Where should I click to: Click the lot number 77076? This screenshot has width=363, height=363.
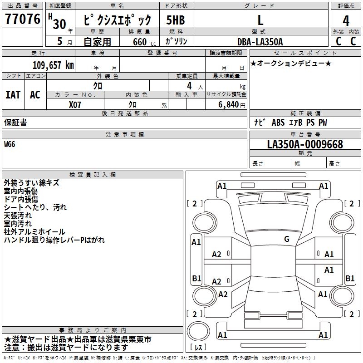tap(23, 19)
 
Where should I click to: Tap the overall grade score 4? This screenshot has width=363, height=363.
tap(346, 20)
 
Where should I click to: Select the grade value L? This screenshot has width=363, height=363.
tap(260, 20)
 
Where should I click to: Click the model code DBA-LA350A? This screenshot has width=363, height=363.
tap(260, 42)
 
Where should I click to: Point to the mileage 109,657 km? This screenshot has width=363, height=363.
tap(53, 65)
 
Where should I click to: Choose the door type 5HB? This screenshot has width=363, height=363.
tap(175, 20)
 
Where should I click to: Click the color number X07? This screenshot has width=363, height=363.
tap(75, 104)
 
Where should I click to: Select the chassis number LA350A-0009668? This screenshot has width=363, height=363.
tap(305, 144)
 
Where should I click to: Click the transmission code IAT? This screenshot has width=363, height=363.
tap(13, 95)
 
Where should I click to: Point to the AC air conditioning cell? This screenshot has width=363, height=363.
tap(35, 95)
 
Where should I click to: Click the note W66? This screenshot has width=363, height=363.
tap(10, 144)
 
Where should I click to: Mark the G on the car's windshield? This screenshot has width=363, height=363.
tap(286, 239)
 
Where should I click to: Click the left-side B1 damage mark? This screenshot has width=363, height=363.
tap(196, 278)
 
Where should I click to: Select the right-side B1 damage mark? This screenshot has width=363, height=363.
tap(350, 278)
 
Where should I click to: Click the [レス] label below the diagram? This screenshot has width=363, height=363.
tap(198, 348)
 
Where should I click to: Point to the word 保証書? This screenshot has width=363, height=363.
tap(15, 123)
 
